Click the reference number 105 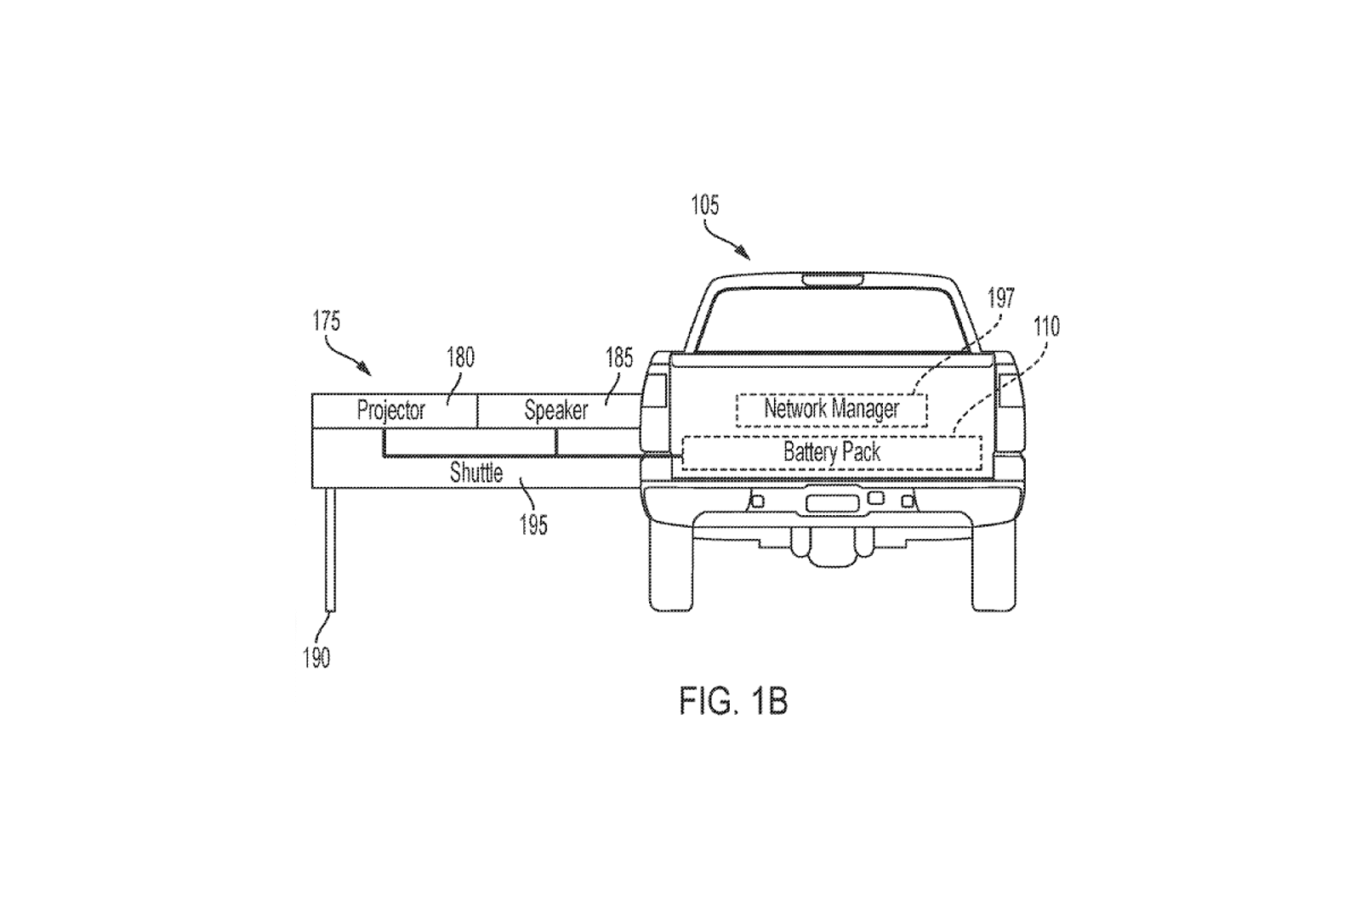[705, 206]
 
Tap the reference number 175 [327, 320]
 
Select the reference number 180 [460, 358]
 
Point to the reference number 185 [619, 358]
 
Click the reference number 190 [316, 658]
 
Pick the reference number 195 [533, 525]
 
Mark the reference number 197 [1000, 298]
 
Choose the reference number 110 [1047, 326]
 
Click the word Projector [390, 411]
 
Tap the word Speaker [556, 411]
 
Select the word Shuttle [476, 473]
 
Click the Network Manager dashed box [832, 410]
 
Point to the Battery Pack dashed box [832, 453]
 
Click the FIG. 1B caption [733, 701]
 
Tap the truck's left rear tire [671, 568]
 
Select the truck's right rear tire [994, 568]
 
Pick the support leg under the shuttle [331, 550]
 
